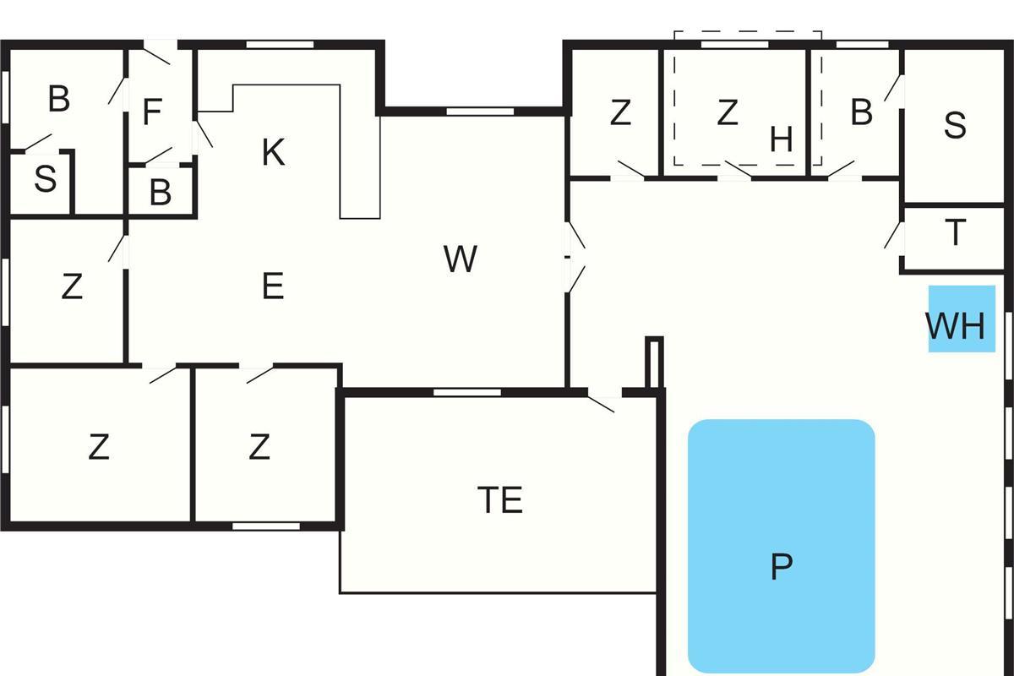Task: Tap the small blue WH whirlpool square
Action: (x=962, y=319)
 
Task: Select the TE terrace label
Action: (x=500, y=499)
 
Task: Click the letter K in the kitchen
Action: (x=272, y=153)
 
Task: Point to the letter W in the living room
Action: (x=460, y=259)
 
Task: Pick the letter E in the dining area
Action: (x=272, y=287)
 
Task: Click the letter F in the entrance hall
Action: (x=152, y=112)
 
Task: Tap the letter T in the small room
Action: (x=955, y=232)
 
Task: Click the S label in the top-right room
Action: (x=955, y=125)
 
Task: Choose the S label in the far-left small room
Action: (x=45, y=179)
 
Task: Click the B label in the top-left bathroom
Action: (x=58, y=99)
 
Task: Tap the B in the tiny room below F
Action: (x=161, y=193)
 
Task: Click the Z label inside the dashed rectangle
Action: (x=728, y=112)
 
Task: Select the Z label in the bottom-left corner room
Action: (x=99, y=447)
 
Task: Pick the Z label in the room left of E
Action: (x=72, y=287)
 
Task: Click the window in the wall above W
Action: (x=480, y=111)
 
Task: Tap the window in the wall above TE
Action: (x=467, y=392)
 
